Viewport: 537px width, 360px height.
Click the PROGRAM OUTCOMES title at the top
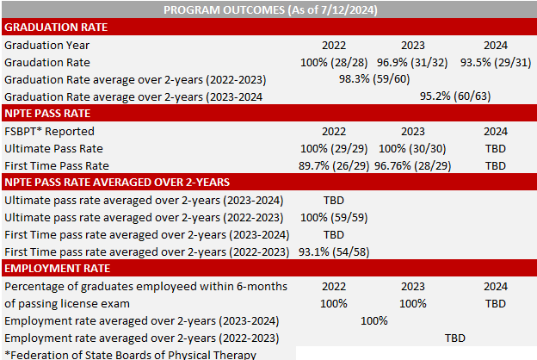click(x=268, y=9)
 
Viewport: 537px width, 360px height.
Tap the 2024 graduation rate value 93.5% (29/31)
click(x=495, y=62)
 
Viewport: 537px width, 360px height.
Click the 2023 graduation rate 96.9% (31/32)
click(x=412, y=62)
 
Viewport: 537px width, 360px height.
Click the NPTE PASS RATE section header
click(x=47, y=113)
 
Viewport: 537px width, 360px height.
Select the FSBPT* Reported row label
click(x=49, y=131)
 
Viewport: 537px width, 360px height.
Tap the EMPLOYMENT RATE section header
click(x=51, y=269)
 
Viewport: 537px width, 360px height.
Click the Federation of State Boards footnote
click(x=130, y=354)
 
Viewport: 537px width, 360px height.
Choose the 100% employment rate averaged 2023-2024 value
click(x=374, y=320)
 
